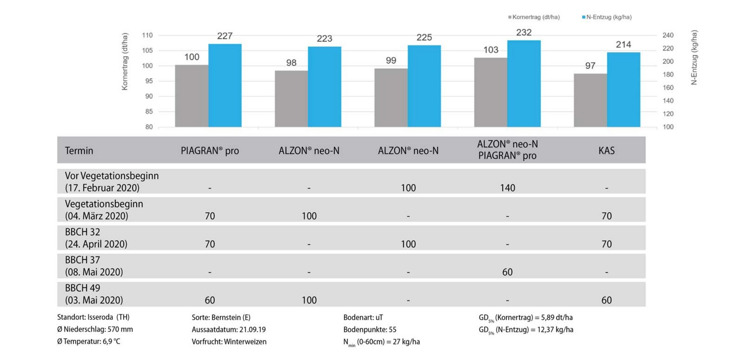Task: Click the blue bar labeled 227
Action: coord(225,85)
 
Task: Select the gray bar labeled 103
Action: coord(491,92)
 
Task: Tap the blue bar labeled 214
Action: coord(623,90)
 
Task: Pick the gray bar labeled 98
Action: coord(291,98)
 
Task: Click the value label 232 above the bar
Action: coord(524,33)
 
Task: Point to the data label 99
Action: coord(391,60)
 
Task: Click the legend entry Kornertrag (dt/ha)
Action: coord(535,17)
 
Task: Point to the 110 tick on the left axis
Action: coord(147,35)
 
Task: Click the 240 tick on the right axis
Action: coord(668,35)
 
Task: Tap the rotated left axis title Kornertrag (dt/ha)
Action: coord(125,62)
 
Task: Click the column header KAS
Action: coord(606,150)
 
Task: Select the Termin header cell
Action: coord(79,150)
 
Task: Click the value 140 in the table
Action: coord(507,188)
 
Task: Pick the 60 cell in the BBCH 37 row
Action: coord(507,272)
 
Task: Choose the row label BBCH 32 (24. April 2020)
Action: coord(96,238)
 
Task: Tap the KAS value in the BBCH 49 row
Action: coord(606,300)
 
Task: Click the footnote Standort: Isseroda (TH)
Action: coord(93,317)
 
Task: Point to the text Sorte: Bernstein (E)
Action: coord(221,317)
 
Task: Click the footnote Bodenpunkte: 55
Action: coord(370,329)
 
